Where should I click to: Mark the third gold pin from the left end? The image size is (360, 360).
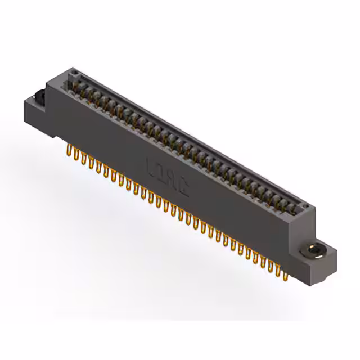[84, 159]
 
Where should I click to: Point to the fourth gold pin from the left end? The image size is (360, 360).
[91, 163]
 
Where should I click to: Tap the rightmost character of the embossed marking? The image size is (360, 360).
[185, 186]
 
